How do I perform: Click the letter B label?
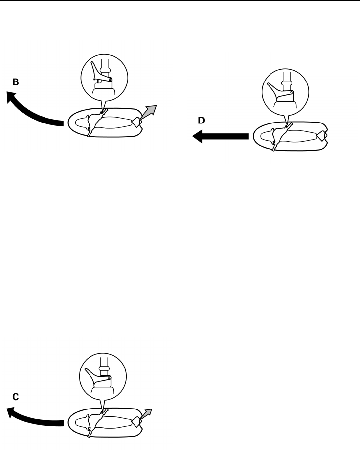16,83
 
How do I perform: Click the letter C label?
16,397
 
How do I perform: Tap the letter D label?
201,121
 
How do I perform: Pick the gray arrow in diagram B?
149,113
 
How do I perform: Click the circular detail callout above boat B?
104,77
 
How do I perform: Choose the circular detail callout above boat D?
285,90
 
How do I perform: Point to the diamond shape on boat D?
322,137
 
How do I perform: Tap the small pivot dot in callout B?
111,79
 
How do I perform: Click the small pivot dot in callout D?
292,92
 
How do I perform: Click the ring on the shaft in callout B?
104,69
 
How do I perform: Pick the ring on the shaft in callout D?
285,82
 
